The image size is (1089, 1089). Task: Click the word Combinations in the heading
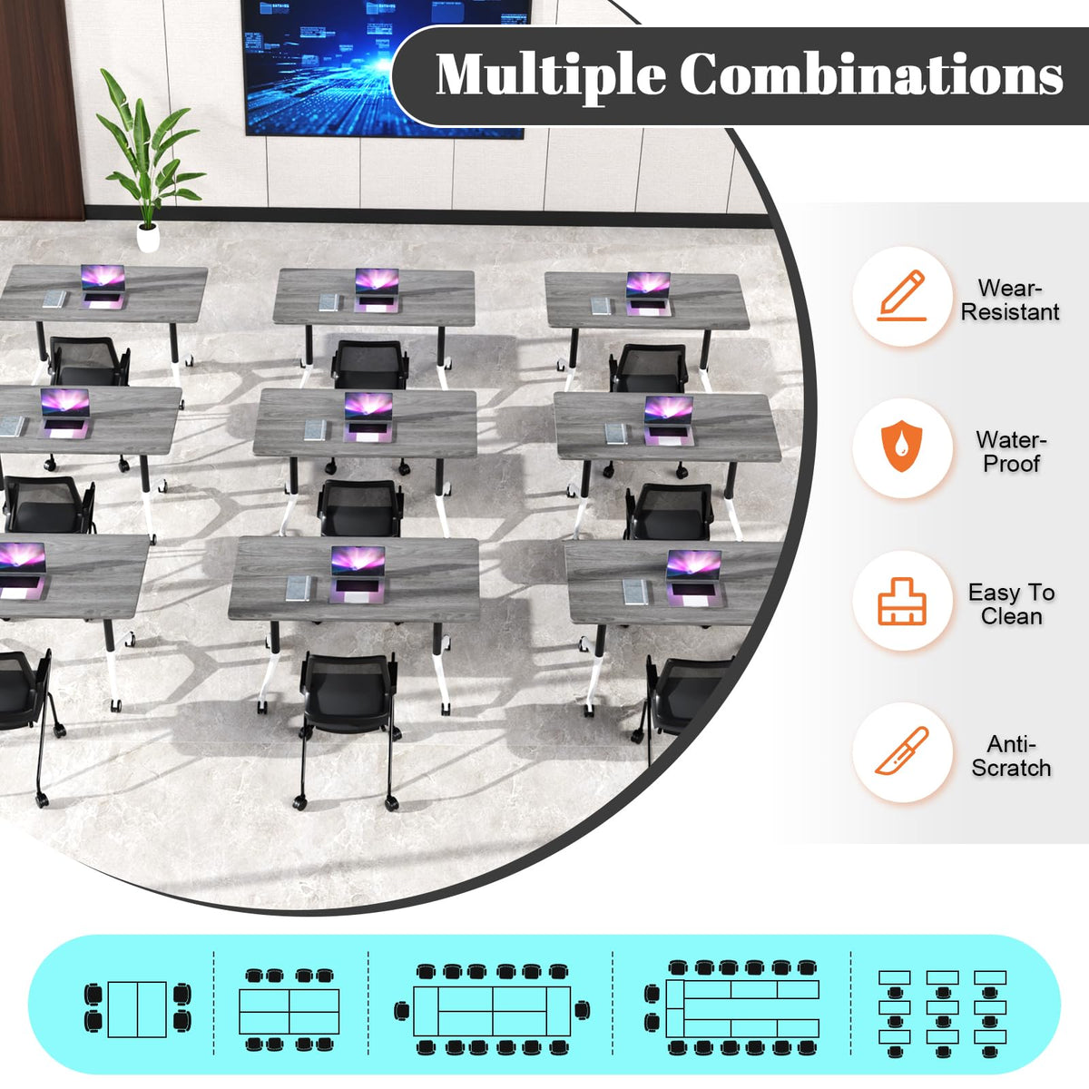click(x=871, y=74)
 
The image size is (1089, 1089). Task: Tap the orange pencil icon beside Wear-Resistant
click(x=901, y=296)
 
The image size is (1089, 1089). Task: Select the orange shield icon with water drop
click(x=901, y=446)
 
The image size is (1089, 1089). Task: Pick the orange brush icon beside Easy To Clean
click(x=901, y=602)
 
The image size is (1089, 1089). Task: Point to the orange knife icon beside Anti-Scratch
click(x=901, y=751)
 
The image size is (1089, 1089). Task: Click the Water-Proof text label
click(x=1011, y=452)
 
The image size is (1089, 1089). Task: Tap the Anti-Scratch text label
click(x=1011, y=756)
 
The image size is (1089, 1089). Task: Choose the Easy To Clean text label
click(x=1011, y=604)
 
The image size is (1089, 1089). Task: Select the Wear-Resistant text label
click(x=1010, y=300)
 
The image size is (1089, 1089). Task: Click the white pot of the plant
click(x=148, y=238)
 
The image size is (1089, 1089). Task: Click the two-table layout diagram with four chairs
click(x=137, y=1009)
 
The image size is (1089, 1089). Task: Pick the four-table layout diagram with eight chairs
click(x=289, y=1010)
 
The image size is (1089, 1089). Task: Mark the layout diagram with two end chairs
click(x=492, y=1010)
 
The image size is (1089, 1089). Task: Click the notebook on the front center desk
click(x=298, y=588)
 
